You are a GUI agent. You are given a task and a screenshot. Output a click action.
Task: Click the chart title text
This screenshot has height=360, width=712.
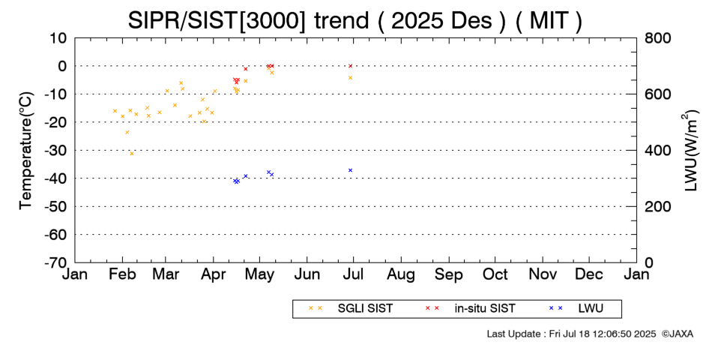[x=355, y=20]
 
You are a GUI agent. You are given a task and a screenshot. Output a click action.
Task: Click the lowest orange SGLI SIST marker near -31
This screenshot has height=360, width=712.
[x=132, y=154]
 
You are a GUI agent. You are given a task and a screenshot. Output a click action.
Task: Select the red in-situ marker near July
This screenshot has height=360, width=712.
[x=350, y=66]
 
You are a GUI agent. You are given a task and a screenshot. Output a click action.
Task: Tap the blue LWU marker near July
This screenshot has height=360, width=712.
[x=350, y=170]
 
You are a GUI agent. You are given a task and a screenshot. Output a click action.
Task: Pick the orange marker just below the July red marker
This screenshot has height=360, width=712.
[x=350, y=78]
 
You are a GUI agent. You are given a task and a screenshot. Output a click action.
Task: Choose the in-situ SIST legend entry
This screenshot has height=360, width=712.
[x=470, y=309]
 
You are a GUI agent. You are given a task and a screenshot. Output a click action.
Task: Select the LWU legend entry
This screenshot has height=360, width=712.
[x=576, y=309]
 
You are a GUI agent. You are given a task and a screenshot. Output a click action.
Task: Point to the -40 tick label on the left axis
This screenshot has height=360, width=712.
[x=55, y=178]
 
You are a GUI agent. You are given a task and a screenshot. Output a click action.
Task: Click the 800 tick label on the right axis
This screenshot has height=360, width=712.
[x=658, y=38]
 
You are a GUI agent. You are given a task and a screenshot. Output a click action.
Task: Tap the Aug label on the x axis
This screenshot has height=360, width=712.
[x=401, y=274]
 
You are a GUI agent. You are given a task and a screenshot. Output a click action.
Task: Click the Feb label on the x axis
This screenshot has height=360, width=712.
[x=122, y=274]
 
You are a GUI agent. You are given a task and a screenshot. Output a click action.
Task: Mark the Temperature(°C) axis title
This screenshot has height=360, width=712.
[x=26, y=151]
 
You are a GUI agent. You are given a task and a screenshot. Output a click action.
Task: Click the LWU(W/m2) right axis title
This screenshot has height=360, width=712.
[x=688, y=151]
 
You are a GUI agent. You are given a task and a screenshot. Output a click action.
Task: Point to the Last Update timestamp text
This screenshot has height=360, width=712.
[x=571, y=334]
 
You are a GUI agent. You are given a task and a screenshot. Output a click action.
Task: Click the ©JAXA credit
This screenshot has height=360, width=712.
[x=677, y=334]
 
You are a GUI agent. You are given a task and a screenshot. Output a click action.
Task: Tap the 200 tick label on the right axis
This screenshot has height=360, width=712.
[x=658, y=206]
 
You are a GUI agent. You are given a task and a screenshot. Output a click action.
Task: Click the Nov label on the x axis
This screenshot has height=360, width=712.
[x=543, y=274]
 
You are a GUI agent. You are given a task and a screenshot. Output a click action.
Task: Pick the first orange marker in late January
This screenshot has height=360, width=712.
[x=115, y=111]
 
